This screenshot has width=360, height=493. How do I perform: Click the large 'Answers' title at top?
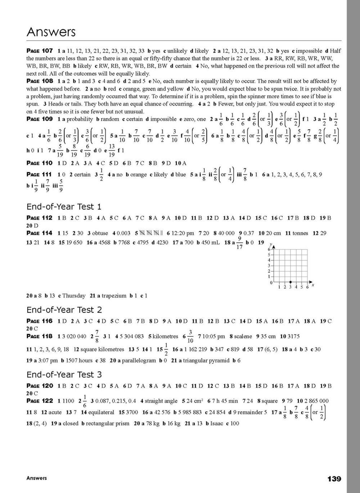click(51, 32)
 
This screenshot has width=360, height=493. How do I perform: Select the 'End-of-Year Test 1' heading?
click(64, 207)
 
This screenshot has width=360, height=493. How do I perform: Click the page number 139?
click(334, 479)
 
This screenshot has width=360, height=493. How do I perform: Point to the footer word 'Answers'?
click(36, 478)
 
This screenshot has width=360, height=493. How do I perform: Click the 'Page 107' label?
click(40, 51)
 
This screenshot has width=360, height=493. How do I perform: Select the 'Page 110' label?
click(40, 163)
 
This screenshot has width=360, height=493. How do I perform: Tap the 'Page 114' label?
click(40, 233)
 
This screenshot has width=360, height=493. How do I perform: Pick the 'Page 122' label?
click(40, 401)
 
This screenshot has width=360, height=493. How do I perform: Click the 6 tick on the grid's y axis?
click(269, 249)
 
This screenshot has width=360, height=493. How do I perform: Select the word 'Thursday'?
click(74, 296)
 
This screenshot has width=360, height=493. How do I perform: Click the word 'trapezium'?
click(114, 296)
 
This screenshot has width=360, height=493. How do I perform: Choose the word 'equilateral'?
click(101, 412)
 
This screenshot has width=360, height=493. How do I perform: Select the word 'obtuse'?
click(100, 233)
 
